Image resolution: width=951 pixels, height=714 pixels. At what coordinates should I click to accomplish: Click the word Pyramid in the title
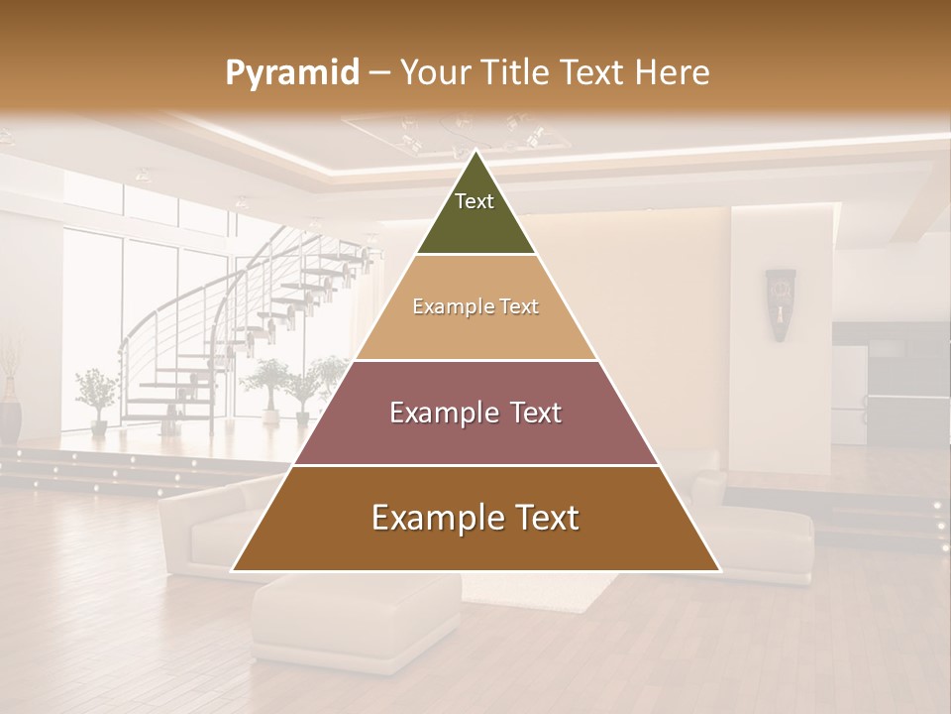tap(291, 72)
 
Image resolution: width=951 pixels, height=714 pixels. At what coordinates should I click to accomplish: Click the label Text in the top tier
tap(475, 201)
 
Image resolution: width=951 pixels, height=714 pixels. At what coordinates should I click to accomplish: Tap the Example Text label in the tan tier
tap(475, 306)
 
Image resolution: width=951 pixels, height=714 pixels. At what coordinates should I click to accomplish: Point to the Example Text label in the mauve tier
tap(475, 413)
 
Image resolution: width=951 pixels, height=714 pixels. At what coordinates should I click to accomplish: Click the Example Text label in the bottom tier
tap(475, 518)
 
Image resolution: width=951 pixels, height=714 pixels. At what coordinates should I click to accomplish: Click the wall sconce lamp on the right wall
tap(781, 303)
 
